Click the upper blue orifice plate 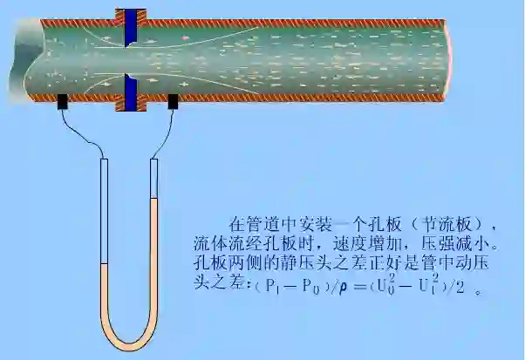131,27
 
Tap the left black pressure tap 65,102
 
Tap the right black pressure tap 174,102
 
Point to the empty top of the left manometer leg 103,209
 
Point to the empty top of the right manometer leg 156,179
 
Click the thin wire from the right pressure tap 165,135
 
